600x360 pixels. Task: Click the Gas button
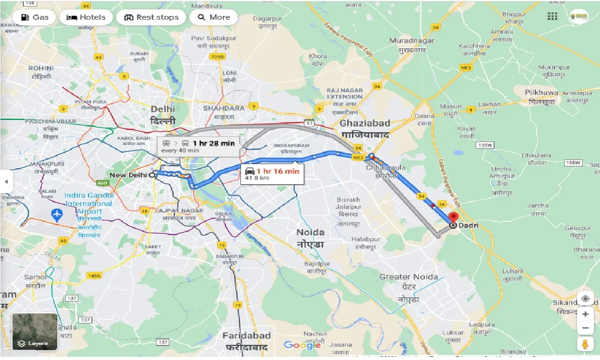[34, 17]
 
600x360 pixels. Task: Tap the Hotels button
[87, 17]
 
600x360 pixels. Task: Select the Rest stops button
[151, 17]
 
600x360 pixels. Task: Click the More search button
[214, 17]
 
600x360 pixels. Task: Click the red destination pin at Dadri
[453, 217]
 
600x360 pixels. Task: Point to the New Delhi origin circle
[151, 175]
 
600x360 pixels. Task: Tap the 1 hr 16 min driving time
[277, 171]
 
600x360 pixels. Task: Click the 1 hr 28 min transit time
[213, 143]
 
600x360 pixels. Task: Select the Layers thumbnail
[35, 332]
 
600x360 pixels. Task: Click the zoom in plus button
[585, 314]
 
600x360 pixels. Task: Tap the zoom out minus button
[585, 328]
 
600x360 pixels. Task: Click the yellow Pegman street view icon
[585, 345]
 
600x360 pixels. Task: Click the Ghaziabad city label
[365, 123]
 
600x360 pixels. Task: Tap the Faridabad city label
[246, 336]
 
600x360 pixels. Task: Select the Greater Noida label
[409, 277]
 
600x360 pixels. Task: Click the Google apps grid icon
[553, 16]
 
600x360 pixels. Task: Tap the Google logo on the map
[302, 345]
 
